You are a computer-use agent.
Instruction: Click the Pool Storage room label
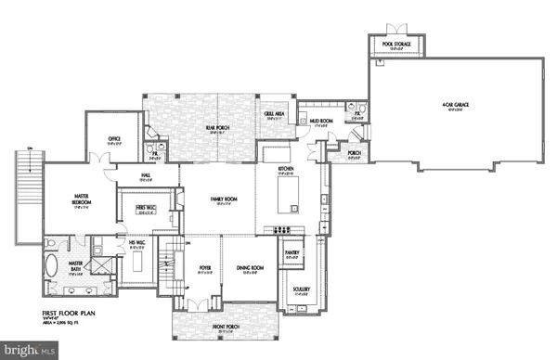[x=397, y=44]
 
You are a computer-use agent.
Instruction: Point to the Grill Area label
[x=276, y=115]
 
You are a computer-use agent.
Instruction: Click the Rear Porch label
[x=217, y=126]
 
